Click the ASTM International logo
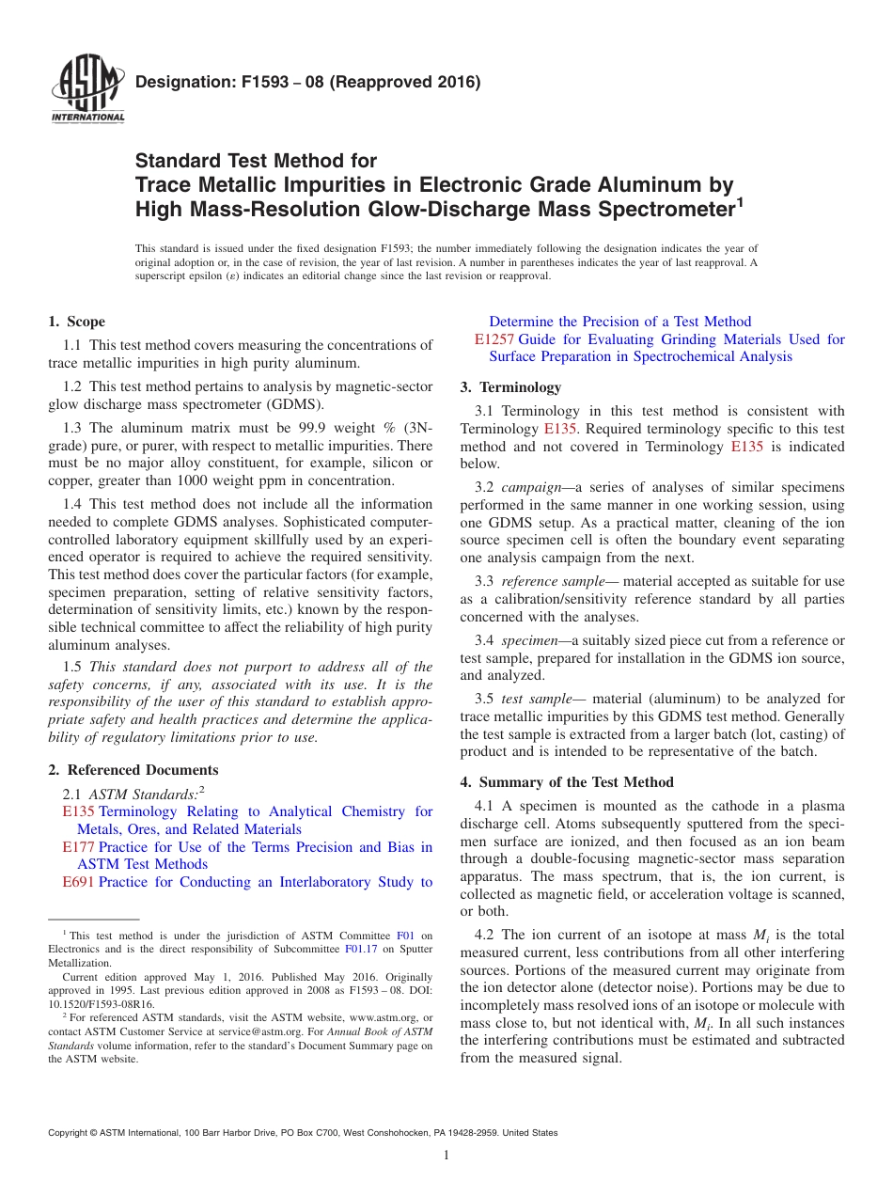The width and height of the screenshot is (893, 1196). coord(86,91)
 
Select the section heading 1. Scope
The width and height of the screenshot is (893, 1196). coord(76,322)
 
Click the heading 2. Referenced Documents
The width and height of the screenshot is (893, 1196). coord(133,770)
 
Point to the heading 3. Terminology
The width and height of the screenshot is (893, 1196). coord(510,387)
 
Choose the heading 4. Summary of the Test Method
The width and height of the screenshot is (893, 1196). coord(567,782)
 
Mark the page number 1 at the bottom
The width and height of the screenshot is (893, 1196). coord(446,1156)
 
